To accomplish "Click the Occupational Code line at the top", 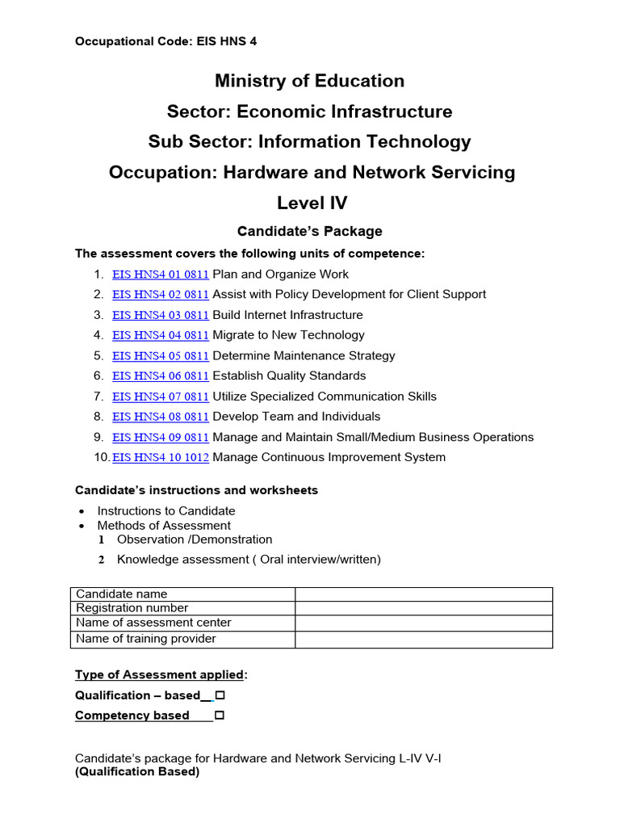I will pyautogui.click(x=166, y=40).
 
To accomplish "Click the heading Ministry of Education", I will pyautogui.click(x=309, y=81).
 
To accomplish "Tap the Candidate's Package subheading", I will pyautogui.click(x=309, y=231).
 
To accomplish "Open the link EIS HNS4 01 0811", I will pyautogui.click(x=160, y=274).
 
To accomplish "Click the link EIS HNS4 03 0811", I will pyautogui.click(x=160, y=315).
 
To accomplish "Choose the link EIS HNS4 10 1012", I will pyautogui.click(x=160, y=457).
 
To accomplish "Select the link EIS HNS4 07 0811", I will pyautogui.click(x=160, y=397).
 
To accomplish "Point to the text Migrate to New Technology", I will pyautogui.click(x=288, y=335).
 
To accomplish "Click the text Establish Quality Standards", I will pyautogui.click(x=289, y=376).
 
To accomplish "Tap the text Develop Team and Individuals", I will pyautogui.click(x=296, y=417).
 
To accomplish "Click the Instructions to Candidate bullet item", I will pyautogui.click(x=166, y=510).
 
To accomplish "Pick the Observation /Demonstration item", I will pyautogui.click(x=195, y=539).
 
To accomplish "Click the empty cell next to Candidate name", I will pyautogui.click(x=423, y=594).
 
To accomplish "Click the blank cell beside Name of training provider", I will pyautogui.click(x=423, y=640).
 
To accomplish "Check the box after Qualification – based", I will pyautogui.click(x=220, y=695).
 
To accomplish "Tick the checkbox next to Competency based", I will pyautogui.click(x=220, y=716).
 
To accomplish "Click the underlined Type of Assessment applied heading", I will pyautogui.click(x=160, y=674).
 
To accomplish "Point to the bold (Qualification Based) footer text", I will pyautogui.click(x=137, y=771).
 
